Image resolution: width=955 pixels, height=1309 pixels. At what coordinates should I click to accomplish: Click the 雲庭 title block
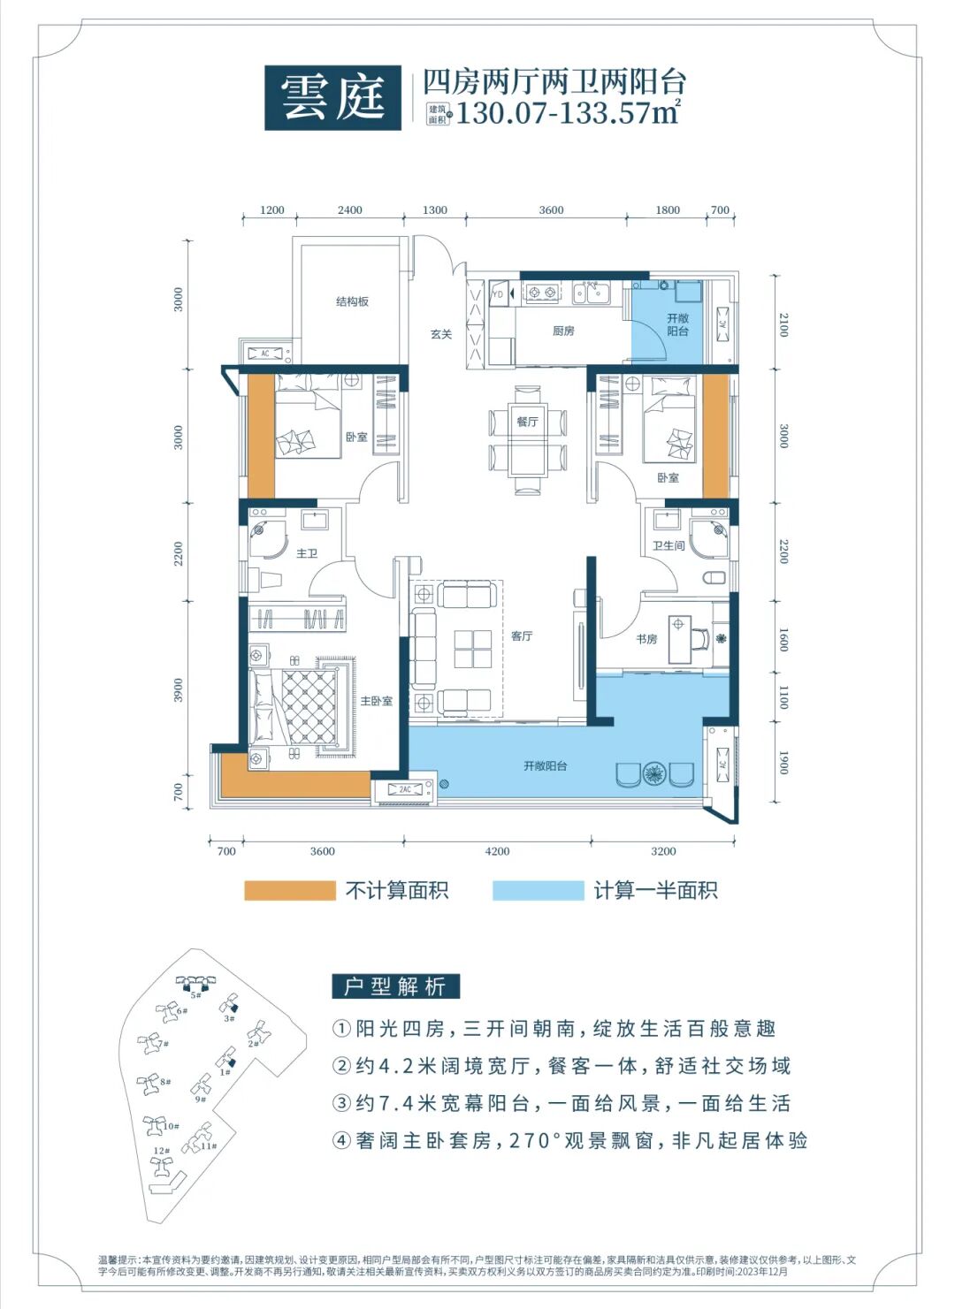pos(332,97)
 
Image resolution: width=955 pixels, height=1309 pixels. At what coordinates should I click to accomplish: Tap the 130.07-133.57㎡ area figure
pos(566,113)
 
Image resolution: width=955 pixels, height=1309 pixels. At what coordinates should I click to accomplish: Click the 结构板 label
pos(352,301)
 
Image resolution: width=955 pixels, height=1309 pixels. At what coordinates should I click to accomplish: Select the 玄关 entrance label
pos(441,334)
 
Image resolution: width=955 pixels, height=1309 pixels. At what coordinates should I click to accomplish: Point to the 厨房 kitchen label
pos(563,331)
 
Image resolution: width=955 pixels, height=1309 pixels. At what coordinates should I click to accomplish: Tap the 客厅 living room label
pos(522,635)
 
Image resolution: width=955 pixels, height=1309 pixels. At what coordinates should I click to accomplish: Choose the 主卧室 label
pos(376,701)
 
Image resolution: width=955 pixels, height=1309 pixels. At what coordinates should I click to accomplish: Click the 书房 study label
pos(646,638)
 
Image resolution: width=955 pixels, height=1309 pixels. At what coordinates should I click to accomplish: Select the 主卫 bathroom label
pos(307,553)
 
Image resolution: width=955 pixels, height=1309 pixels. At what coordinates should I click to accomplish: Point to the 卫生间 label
pos(668,545)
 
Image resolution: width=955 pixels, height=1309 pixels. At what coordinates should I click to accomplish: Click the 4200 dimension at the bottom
pos(497,851)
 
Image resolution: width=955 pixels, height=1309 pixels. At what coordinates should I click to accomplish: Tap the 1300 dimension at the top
pos(434,210)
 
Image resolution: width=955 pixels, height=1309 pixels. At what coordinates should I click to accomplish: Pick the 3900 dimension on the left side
pos(179,689)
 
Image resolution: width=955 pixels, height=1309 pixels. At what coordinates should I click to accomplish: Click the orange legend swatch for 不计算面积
pos(290,890)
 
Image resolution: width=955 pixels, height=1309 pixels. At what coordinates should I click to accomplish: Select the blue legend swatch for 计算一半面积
pos(538,890)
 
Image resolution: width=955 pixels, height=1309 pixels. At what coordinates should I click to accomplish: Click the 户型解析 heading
pos(395,986)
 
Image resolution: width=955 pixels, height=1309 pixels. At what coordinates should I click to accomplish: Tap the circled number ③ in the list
pos(342,1103)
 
